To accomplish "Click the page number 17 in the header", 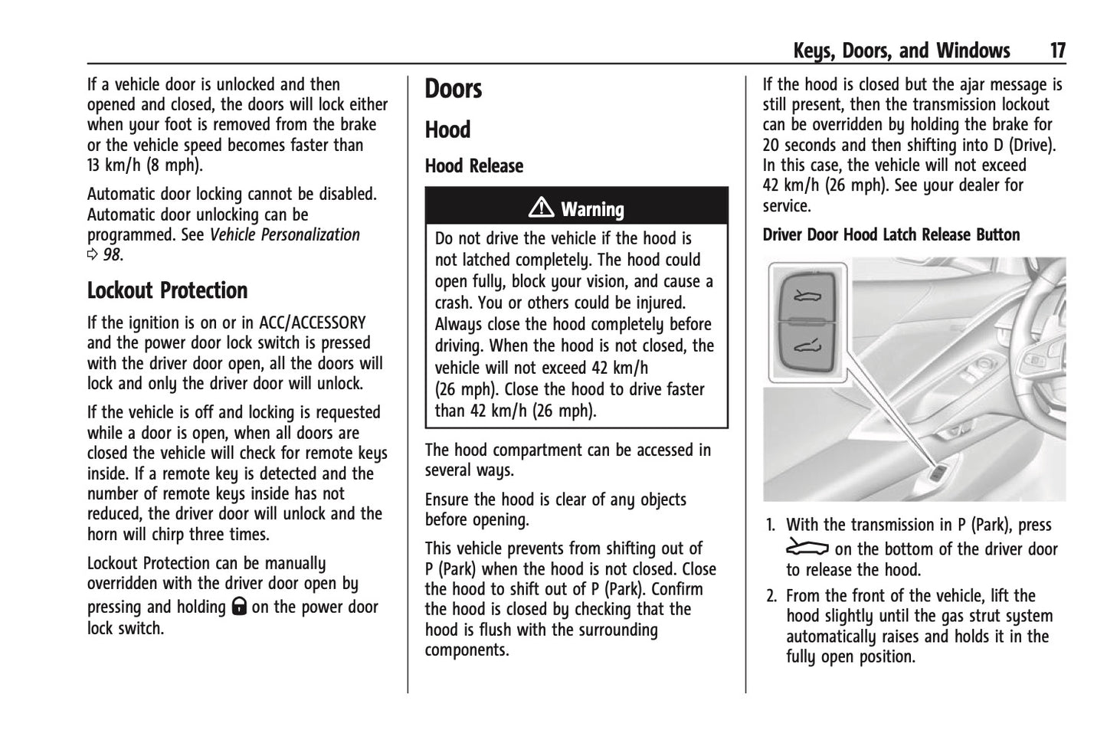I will [x=1056, y=51].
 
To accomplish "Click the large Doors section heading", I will [x=454, y=88].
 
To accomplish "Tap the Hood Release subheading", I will [x=474, y=165].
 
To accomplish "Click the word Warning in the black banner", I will [x=592, y=208].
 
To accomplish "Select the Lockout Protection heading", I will [x=167, y=290].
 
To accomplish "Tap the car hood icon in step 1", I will [x=807, y=548].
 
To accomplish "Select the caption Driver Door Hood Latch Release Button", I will [x=891, y=234].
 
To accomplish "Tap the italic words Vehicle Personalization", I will [x=284, y=234].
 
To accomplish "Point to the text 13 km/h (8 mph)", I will [x=145, y=165].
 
